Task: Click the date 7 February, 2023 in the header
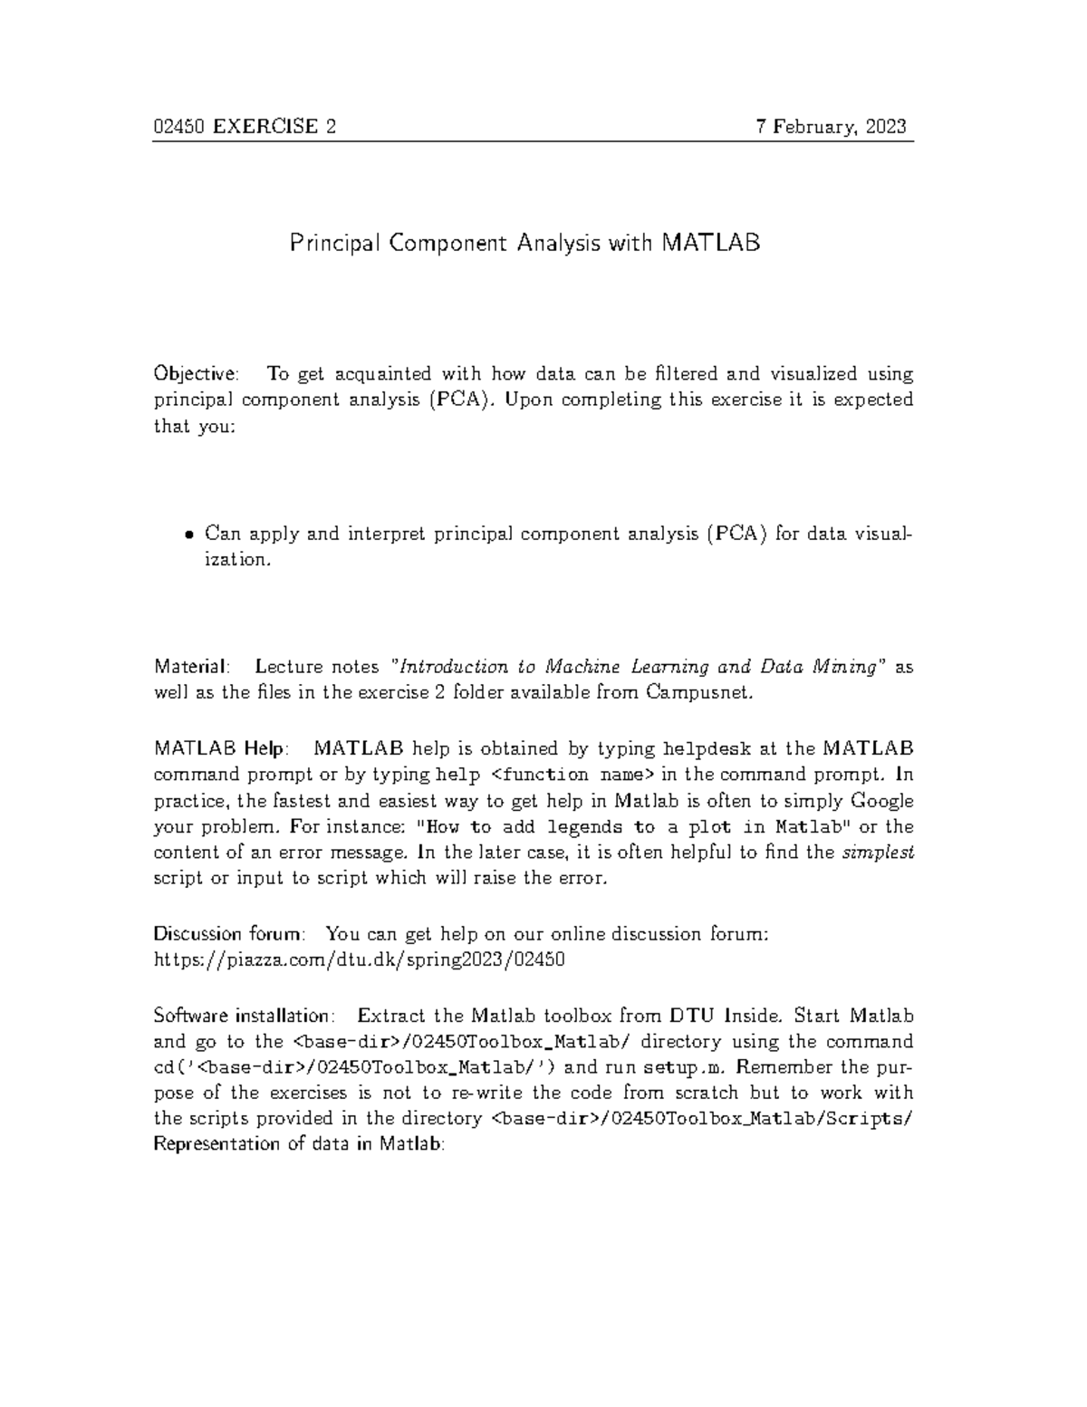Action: pos(832,127)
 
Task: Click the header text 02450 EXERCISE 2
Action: pos(245,127)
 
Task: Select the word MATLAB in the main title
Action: pos(711,244)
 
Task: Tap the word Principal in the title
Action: pos(332,244)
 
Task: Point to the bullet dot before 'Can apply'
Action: pos(189,534)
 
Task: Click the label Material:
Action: pos(191,667)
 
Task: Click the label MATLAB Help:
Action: pos(222,748)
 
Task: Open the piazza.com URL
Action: pos(360,959)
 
